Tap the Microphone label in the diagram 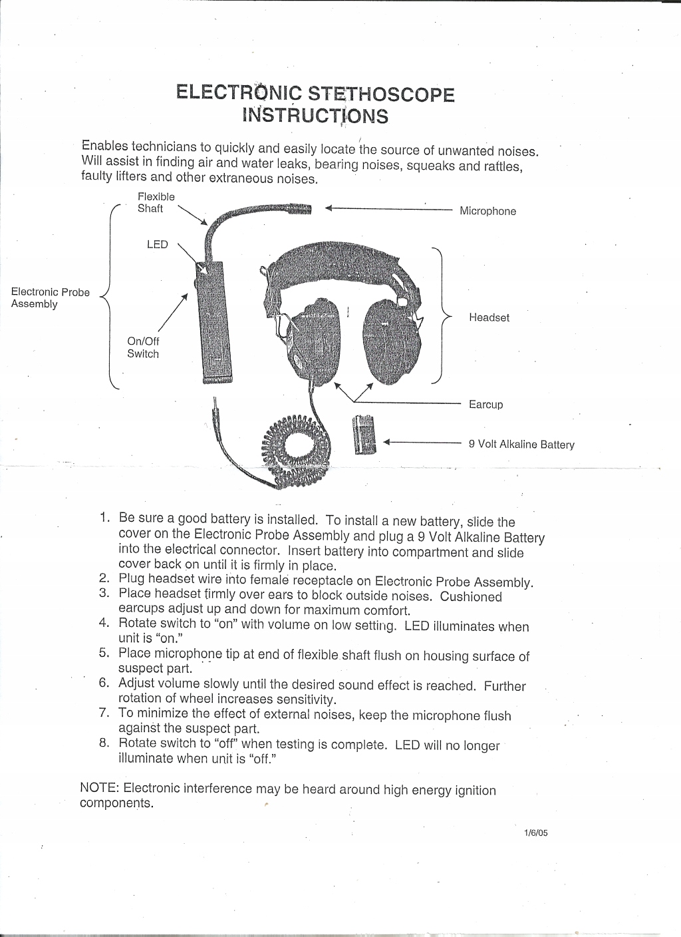[487, 212]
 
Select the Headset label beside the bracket [489, 317]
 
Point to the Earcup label [485, 405]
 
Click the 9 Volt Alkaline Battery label [521, 445]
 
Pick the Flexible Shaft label [156, 202]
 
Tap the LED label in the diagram [157, 244]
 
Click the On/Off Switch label [143, 347]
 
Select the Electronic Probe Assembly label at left [50, 298]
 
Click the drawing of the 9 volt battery [364, 434]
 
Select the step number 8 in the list [104, 743]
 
